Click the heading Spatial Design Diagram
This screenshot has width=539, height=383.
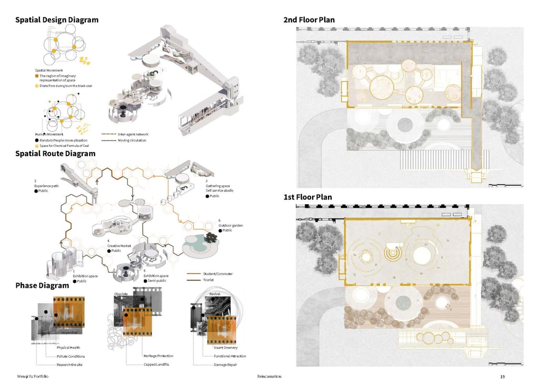coord(57,20)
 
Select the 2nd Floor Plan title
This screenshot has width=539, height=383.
coord(309,20)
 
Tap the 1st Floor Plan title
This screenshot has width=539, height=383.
coord(308,197)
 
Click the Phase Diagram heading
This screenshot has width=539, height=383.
coord(42,286)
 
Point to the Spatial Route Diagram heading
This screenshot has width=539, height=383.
coord(55,154)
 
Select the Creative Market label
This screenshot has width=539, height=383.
coord(119,246)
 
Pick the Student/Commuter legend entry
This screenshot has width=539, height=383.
coord(218,274)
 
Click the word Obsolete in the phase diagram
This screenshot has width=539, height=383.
coord(121,294)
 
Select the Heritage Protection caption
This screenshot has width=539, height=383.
coord(158,356)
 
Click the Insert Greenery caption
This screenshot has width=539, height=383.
coord(225,348)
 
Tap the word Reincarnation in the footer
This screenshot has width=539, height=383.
coord(269,377)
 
